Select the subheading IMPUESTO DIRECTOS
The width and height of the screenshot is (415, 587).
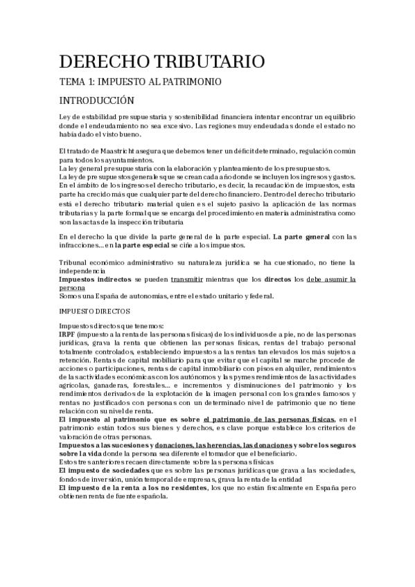(x=99, y=311)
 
